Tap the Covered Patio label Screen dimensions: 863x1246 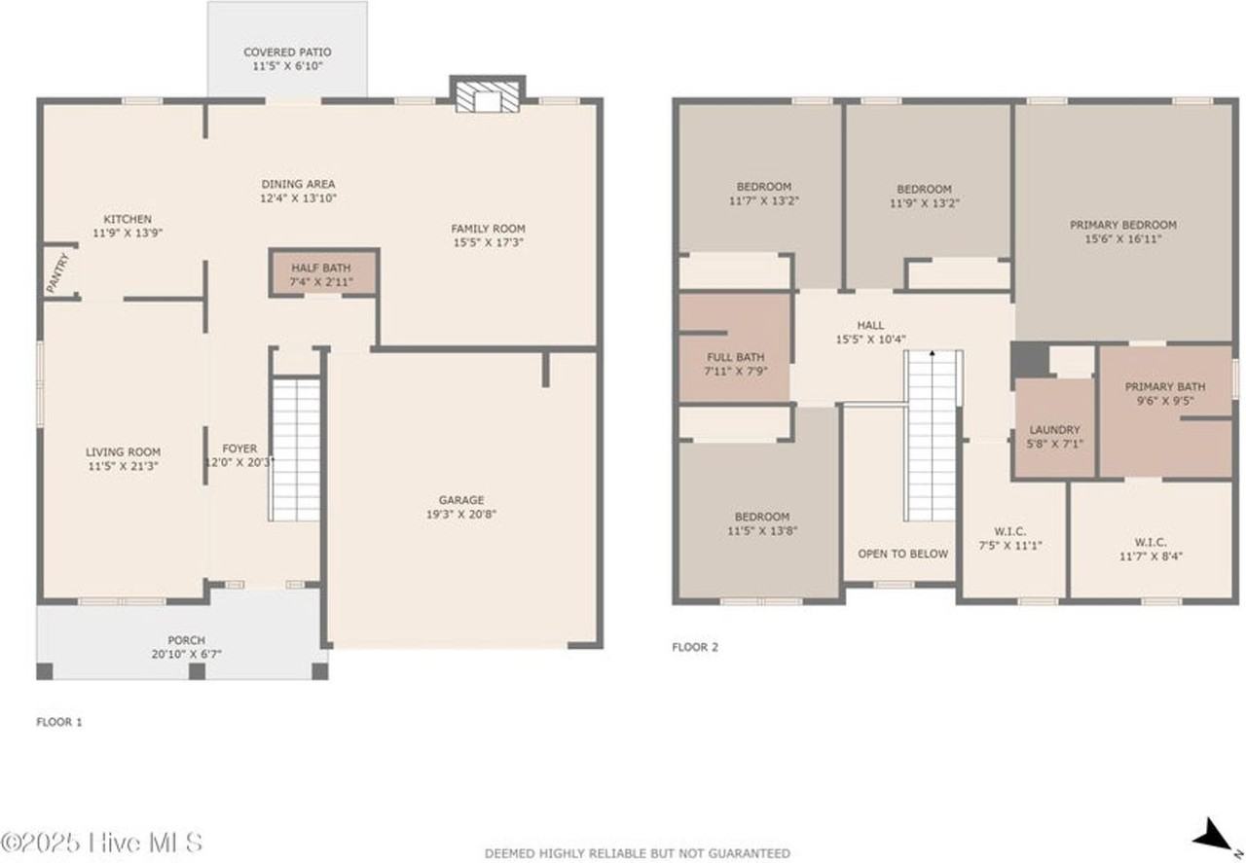point(287,53)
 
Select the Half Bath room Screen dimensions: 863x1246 point(321,274)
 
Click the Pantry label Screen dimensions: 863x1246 point(57,273)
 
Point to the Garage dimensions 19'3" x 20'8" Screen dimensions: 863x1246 point(460,514)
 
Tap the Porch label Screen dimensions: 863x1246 point(186,640)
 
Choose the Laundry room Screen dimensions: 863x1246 point(1054,429)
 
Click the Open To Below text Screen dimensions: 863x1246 point(902,554)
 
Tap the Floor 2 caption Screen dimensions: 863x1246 point(695,647)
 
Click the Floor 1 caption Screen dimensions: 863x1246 point(59,722)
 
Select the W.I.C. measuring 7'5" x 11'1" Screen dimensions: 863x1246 point(1010,539)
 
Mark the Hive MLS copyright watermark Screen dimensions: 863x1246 point(102,841)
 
